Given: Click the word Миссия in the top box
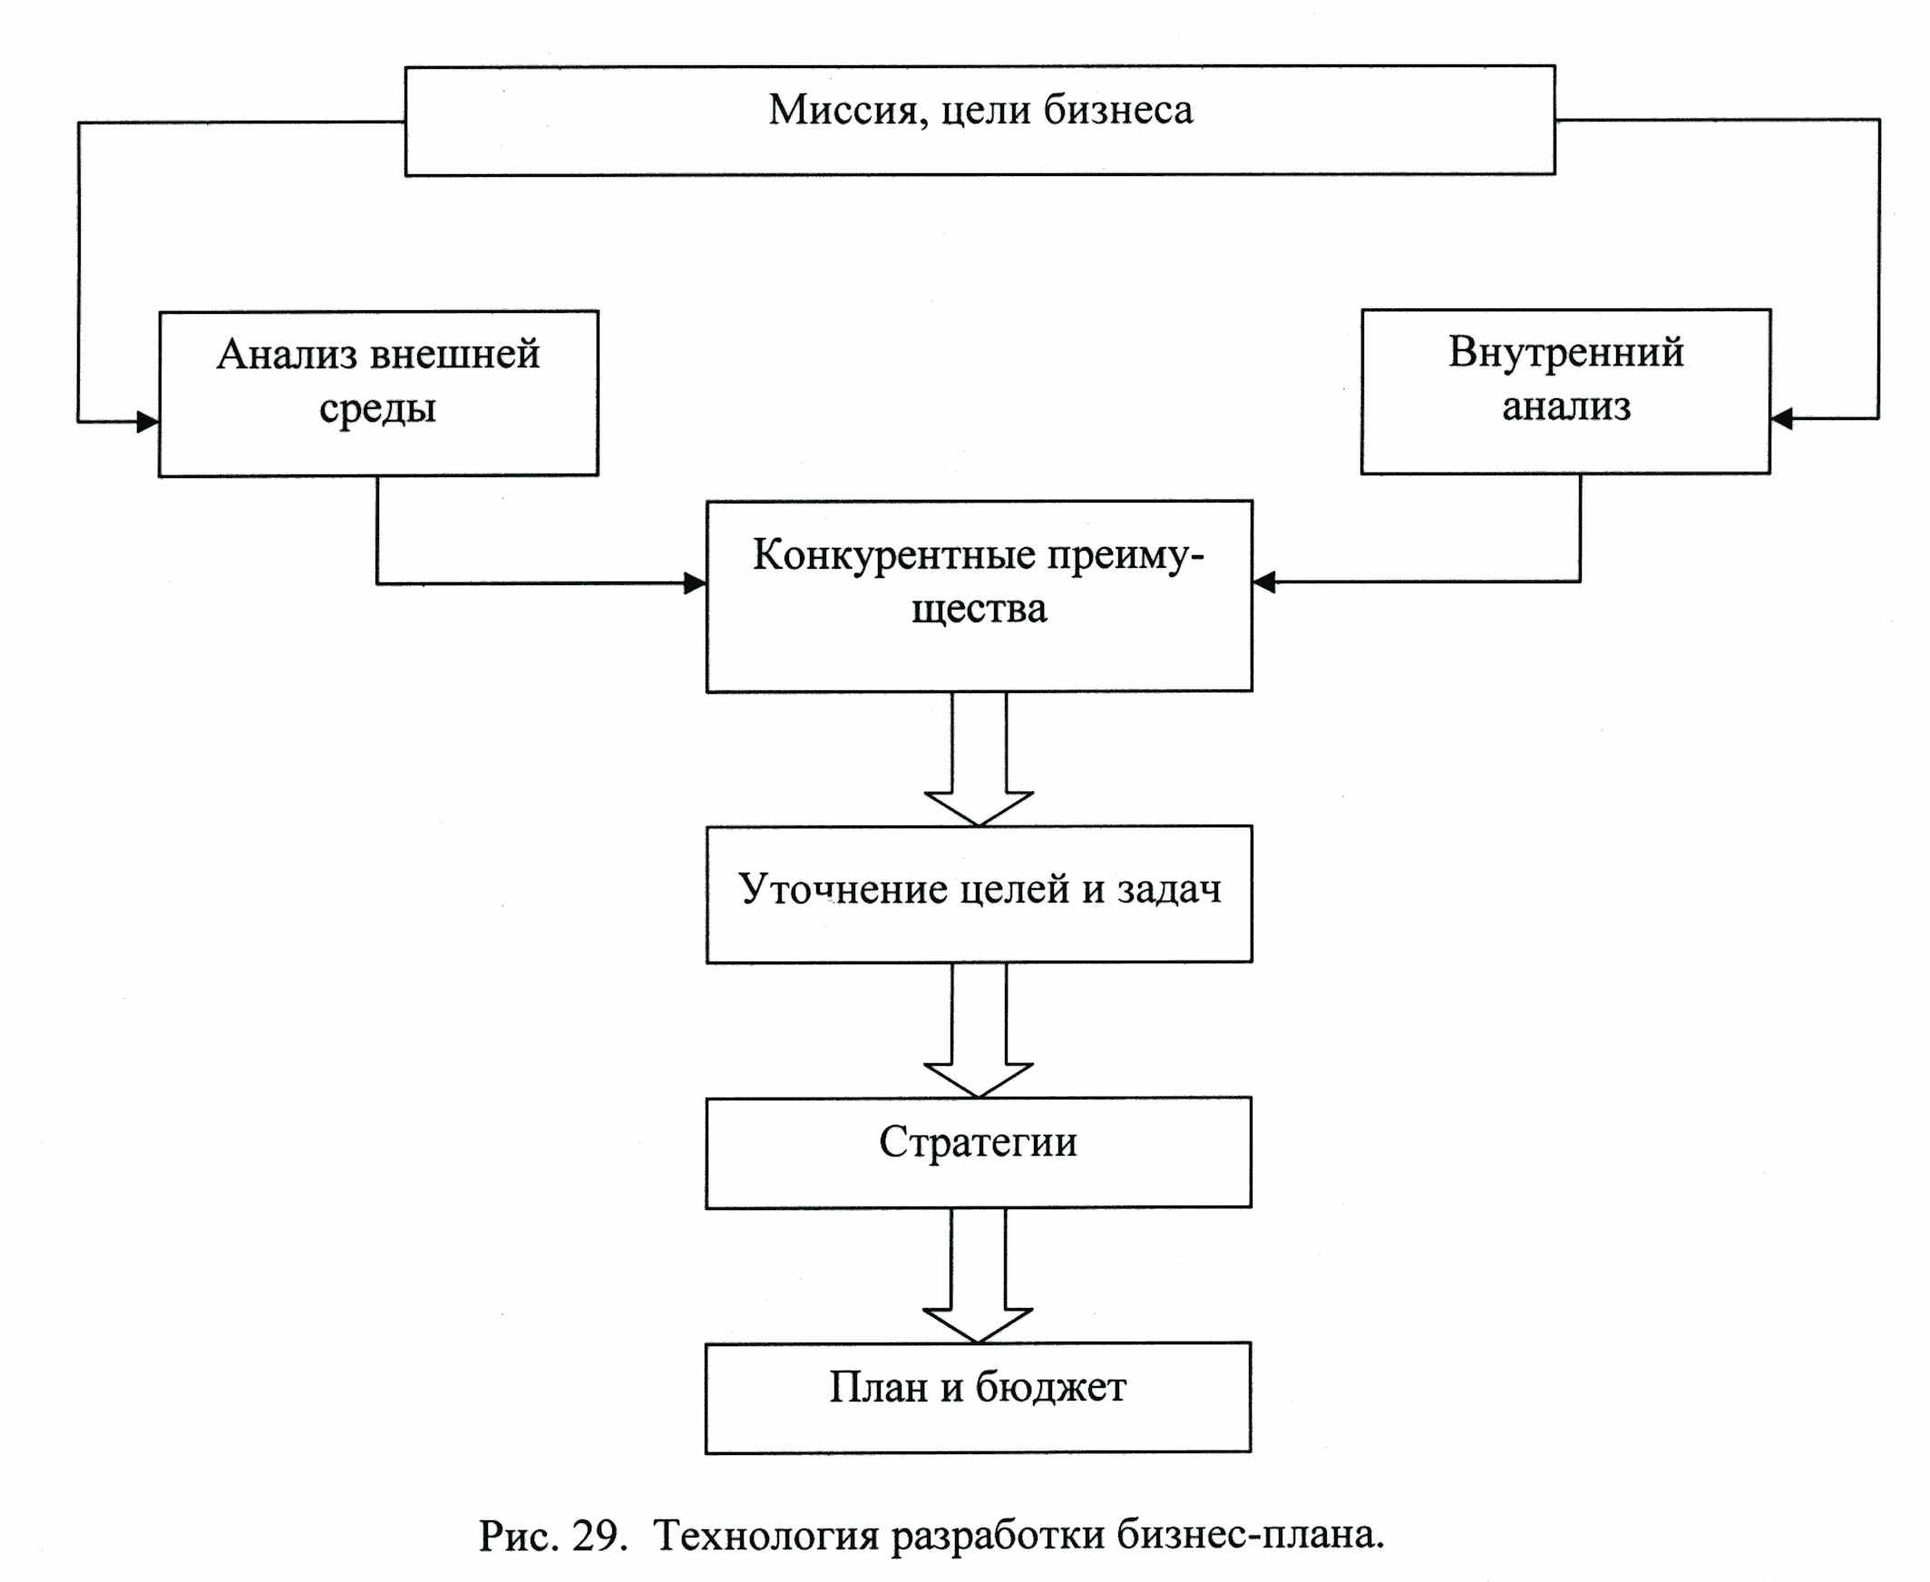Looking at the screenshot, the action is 848,112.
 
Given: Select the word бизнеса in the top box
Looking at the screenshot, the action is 1117,110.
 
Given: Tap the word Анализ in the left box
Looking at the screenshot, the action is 286,354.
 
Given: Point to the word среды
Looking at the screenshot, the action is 377,408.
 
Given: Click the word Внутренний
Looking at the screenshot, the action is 1565,352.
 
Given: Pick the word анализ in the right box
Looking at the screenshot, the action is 1565,405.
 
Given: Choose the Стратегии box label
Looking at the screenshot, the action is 978,1142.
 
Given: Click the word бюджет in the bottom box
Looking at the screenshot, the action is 1050,1387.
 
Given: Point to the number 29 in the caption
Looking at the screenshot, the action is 595,1536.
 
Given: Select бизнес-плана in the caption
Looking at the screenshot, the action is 1250,1536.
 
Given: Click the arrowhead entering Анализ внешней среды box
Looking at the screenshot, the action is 148,422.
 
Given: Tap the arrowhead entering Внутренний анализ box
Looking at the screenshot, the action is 1781,419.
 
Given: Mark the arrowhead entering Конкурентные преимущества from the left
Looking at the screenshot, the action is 696,583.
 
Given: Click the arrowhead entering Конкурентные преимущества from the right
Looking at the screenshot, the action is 1264,581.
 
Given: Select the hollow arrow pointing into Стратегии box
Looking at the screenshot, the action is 979,1030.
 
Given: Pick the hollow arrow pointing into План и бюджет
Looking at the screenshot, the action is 978,1275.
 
